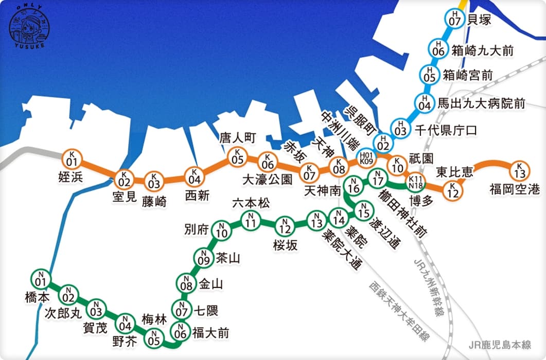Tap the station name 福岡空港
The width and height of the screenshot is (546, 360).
(x=515, y=190)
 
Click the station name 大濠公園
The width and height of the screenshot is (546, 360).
(x=267, y=179)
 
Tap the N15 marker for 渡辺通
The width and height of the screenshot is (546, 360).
(x=363, y=210)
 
